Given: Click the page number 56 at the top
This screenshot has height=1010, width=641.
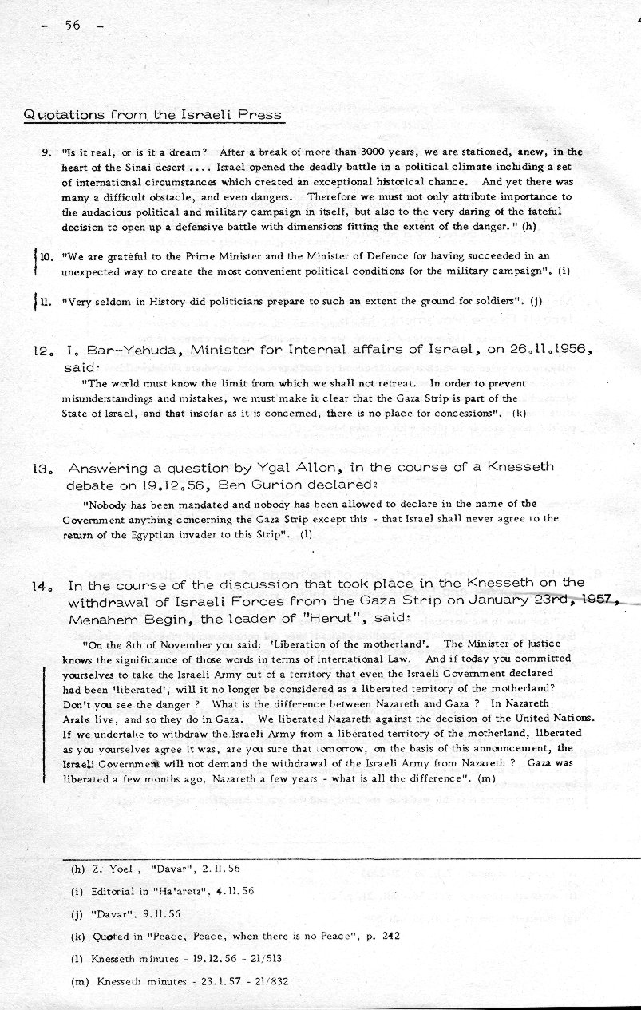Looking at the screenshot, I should [73, 25].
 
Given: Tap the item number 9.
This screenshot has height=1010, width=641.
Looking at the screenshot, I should [46, 152].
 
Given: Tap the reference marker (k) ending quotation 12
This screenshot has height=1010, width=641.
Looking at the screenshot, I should [520, 414].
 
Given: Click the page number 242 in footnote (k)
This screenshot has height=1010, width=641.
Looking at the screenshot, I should [388, 936].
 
